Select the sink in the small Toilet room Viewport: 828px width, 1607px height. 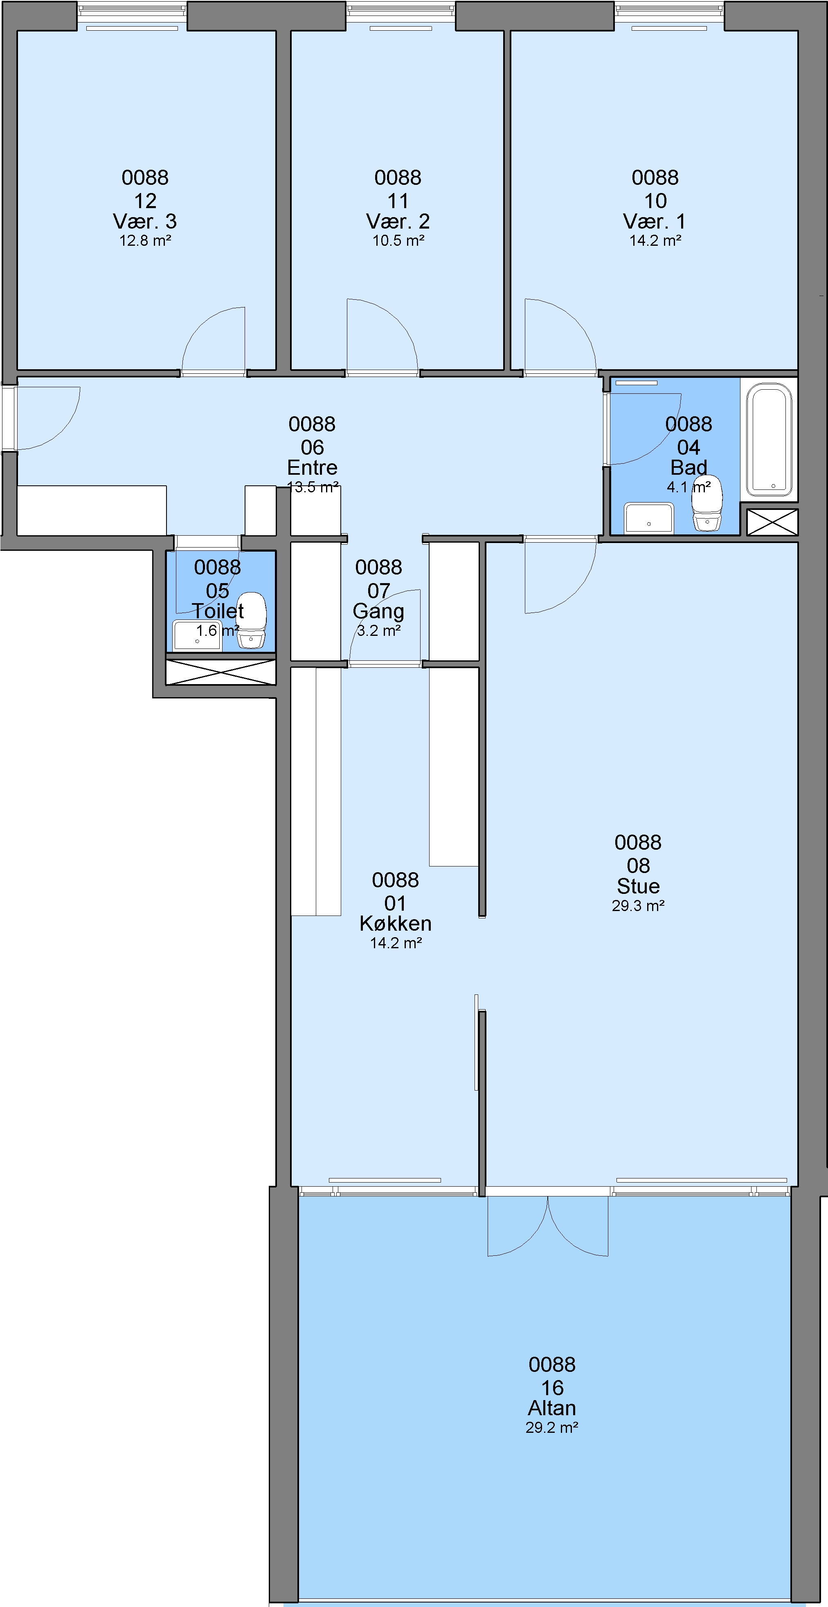tap(196, 635)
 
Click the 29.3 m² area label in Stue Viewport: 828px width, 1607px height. tap(638, 906)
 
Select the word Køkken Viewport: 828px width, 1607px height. tap(396, 923)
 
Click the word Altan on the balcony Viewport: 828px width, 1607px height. tap(551, 1408)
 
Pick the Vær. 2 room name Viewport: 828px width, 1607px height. tap(398, 221)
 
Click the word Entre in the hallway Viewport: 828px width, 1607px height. tap(312, 467)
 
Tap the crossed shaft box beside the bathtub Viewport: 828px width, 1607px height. tap(772, 522)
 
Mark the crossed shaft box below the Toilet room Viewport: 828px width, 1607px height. tap(220, 672)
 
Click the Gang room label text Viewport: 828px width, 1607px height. tap(378, 611)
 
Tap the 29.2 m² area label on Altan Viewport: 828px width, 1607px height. tap(551, 1428)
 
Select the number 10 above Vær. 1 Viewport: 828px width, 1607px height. tap(655, 201)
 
